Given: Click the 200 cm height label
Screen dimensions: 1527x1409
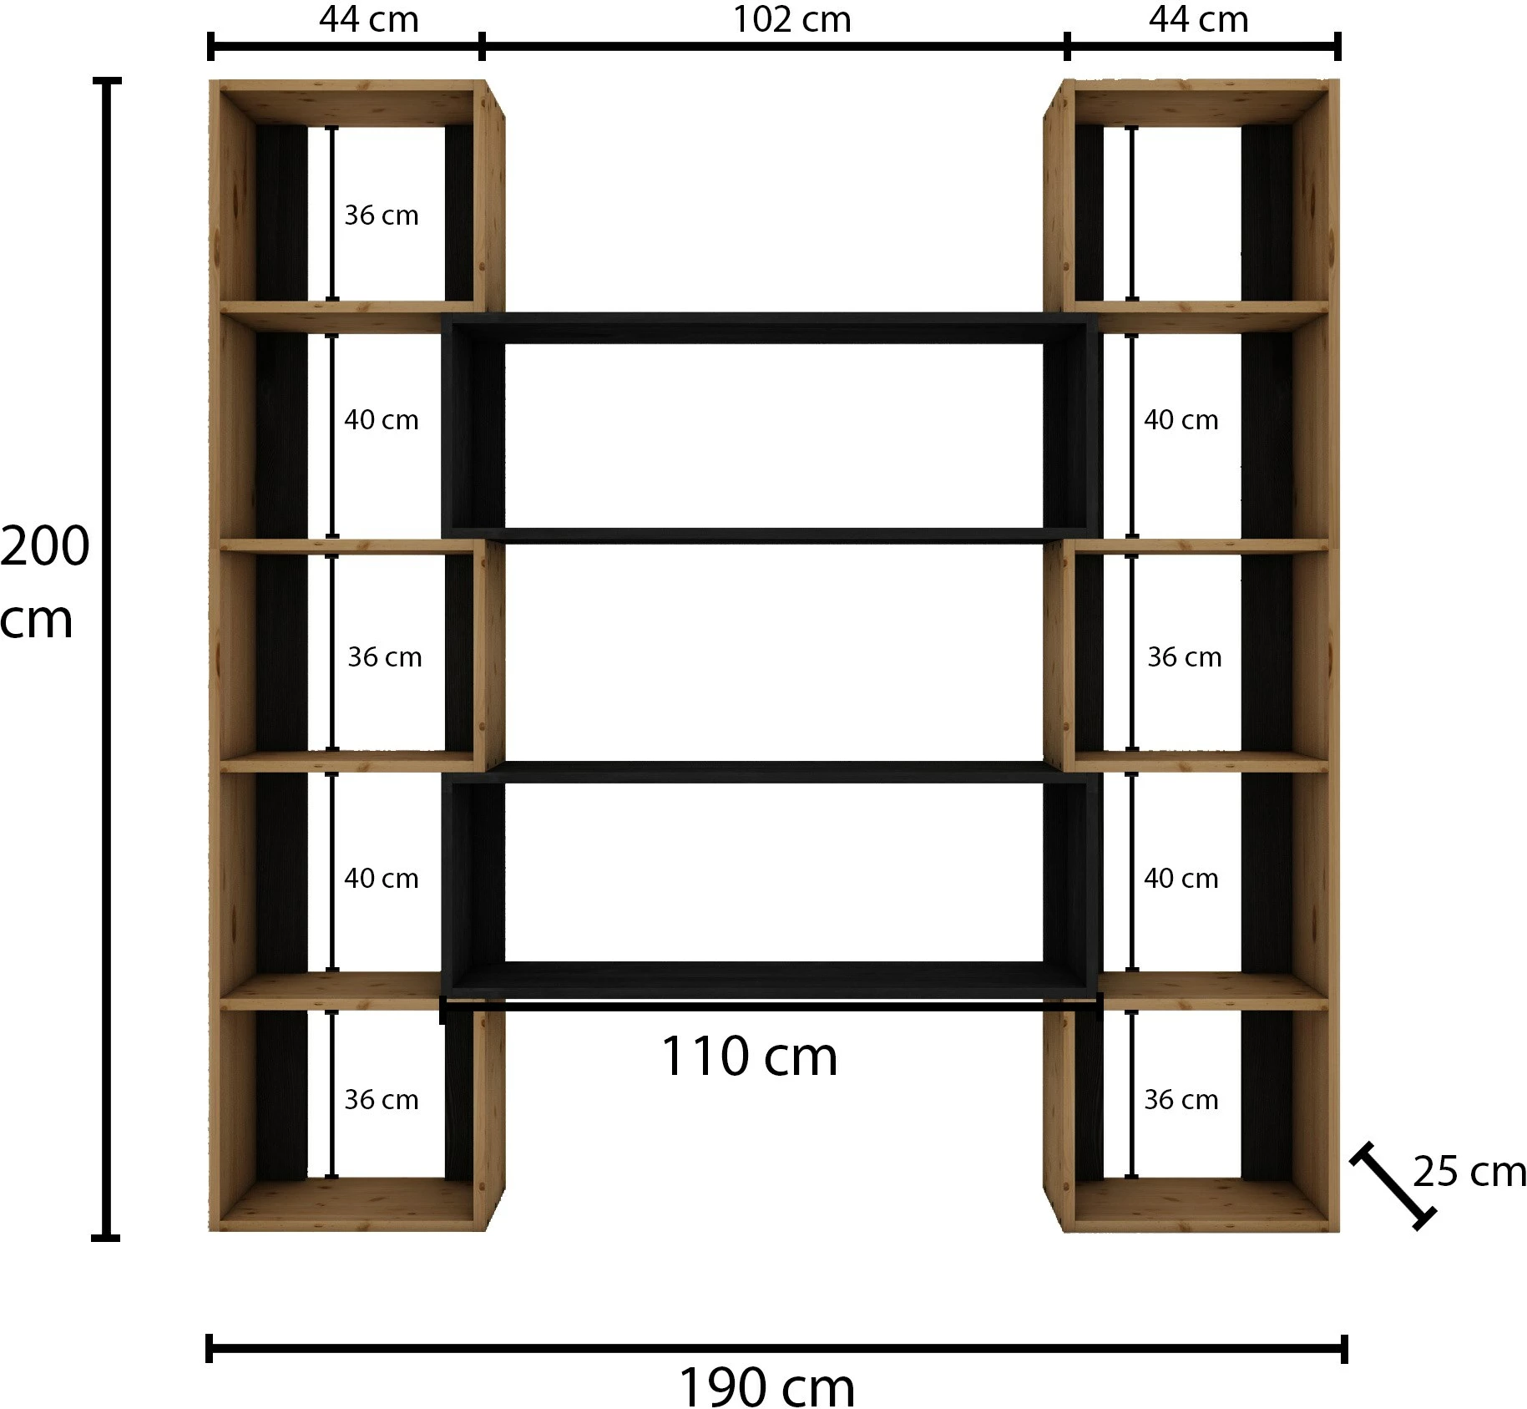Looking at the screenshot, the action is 44,582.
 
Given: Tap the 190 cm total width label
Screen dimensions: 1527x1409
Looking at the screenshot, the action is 766,1387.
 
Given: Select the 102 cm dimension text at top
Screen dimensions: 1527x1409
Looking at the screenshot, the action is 791,20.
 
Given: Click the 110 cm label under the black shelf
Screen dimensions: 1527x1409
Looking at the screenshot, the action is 749,1057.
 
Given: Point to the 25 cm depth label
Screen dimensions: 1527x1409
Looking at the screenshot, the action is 1469,1171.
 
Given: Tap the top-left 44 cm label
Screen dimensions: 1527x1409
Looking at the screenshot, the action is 368,19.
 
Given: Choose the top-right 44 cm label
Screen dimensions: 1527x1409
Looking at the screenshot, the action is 1198,19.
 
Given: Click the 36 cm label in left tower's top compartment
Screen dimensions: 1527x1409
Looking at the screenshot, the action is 382,215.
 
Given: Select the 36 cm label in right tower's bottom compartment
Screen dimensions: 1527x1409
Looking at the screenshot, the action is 1181,1099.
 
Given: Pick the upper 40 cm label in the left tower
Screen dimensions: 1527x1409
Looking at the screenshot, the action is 382,419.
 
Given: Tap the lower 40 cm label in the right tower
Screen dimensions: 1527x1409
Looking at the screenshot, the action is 1181,878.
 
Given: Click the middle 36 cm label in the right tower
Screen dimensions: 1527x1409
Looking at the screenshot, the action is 1184,657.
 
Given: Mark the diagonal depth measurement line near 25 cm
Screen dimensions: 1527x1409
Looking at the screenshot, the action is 1393,1186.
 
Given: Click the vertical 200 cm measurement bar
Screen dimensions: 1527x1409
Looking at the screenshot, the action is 106,659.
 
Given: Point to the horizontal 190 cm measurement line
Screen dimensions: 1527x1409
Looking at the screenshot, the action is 776,1348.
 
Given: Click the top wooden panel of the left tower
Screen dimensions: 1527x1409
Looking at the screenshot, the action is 347,104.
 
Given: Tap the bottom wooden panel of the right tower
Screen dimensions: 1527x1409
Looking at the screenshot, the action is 1200,1205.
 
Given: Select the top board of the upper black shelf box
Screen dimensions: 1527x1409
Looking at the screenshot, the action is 770,327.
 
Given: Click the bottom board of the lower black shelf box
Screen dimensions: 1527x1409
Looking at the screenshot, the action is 771,980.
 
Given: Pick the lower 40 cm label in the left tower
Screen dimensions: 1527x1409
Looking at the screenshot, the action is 382,878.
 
